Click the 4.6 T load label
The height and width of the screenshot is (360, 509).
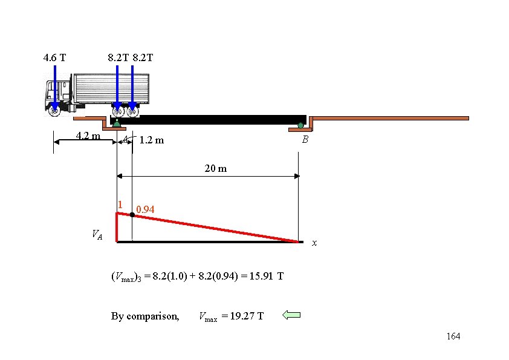click(x=55, y=58)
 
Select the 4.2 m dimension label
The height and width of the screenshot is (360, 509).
click(x=88, y=136)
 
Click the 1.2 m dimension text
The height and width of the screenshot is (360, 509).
click(x=151, y=141)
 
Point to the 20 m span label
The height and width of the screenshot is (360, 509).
click(x=215, y=168)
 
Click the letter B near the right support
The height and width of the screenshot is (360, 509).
click(x=305, y=140)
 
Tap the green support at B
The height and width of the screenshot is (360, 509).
click(x=300, y=126)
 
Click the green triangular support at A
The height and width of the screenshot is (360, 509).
click(x=117, y=123)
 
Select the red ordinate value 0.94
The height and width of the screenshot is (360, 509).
click(x=145, y=209)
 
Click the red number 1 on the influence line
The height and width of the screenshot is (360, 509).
click(x=120, y=205)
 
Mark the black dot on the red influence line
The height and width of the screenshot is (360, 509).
click(x=132, y=215)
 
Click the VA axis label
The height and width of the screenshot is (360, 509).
click(x=97, y=234)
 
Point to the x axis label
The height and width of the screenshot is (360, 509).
click(x=314, y=243)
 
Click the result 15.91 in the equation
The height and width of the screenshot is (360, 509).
click(x=262, y=277)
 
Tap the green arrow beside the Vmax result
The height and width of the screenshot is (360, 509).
click(x=291, y=315)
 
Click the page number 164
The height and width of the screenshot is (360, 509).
click(x=453, y=336)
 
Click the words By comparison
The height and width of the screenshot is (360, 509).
click(x=145, y=316)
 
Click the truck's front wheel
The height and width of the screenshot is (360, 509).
click(x=54, y=110)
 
